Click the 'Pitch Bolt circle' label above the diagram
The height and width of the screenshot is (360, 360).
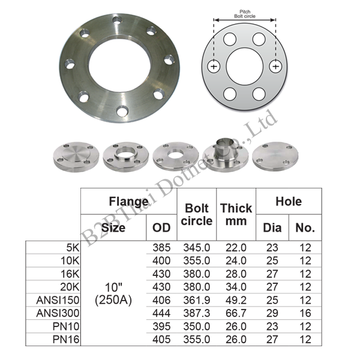[245, 14]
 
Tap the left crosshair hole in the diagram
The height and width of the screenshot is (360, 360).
[214, 67]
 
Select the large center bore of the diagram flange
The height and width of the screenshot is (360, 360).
[245, 67]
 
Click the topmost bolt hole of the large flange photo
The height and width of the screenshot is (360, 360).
[118, 20]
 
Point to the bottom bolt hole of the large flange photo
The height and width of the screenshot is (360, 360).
[122, 111]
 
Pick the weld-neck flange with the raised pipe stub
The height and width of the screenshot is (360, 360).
[226, 154]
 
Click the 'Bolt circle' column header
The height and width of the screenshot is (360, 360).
[197, 214]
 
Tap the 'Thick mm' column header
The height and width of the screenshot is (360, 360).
[236, 214]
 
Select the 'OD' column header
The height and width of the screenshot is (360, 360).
[161, 227]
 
